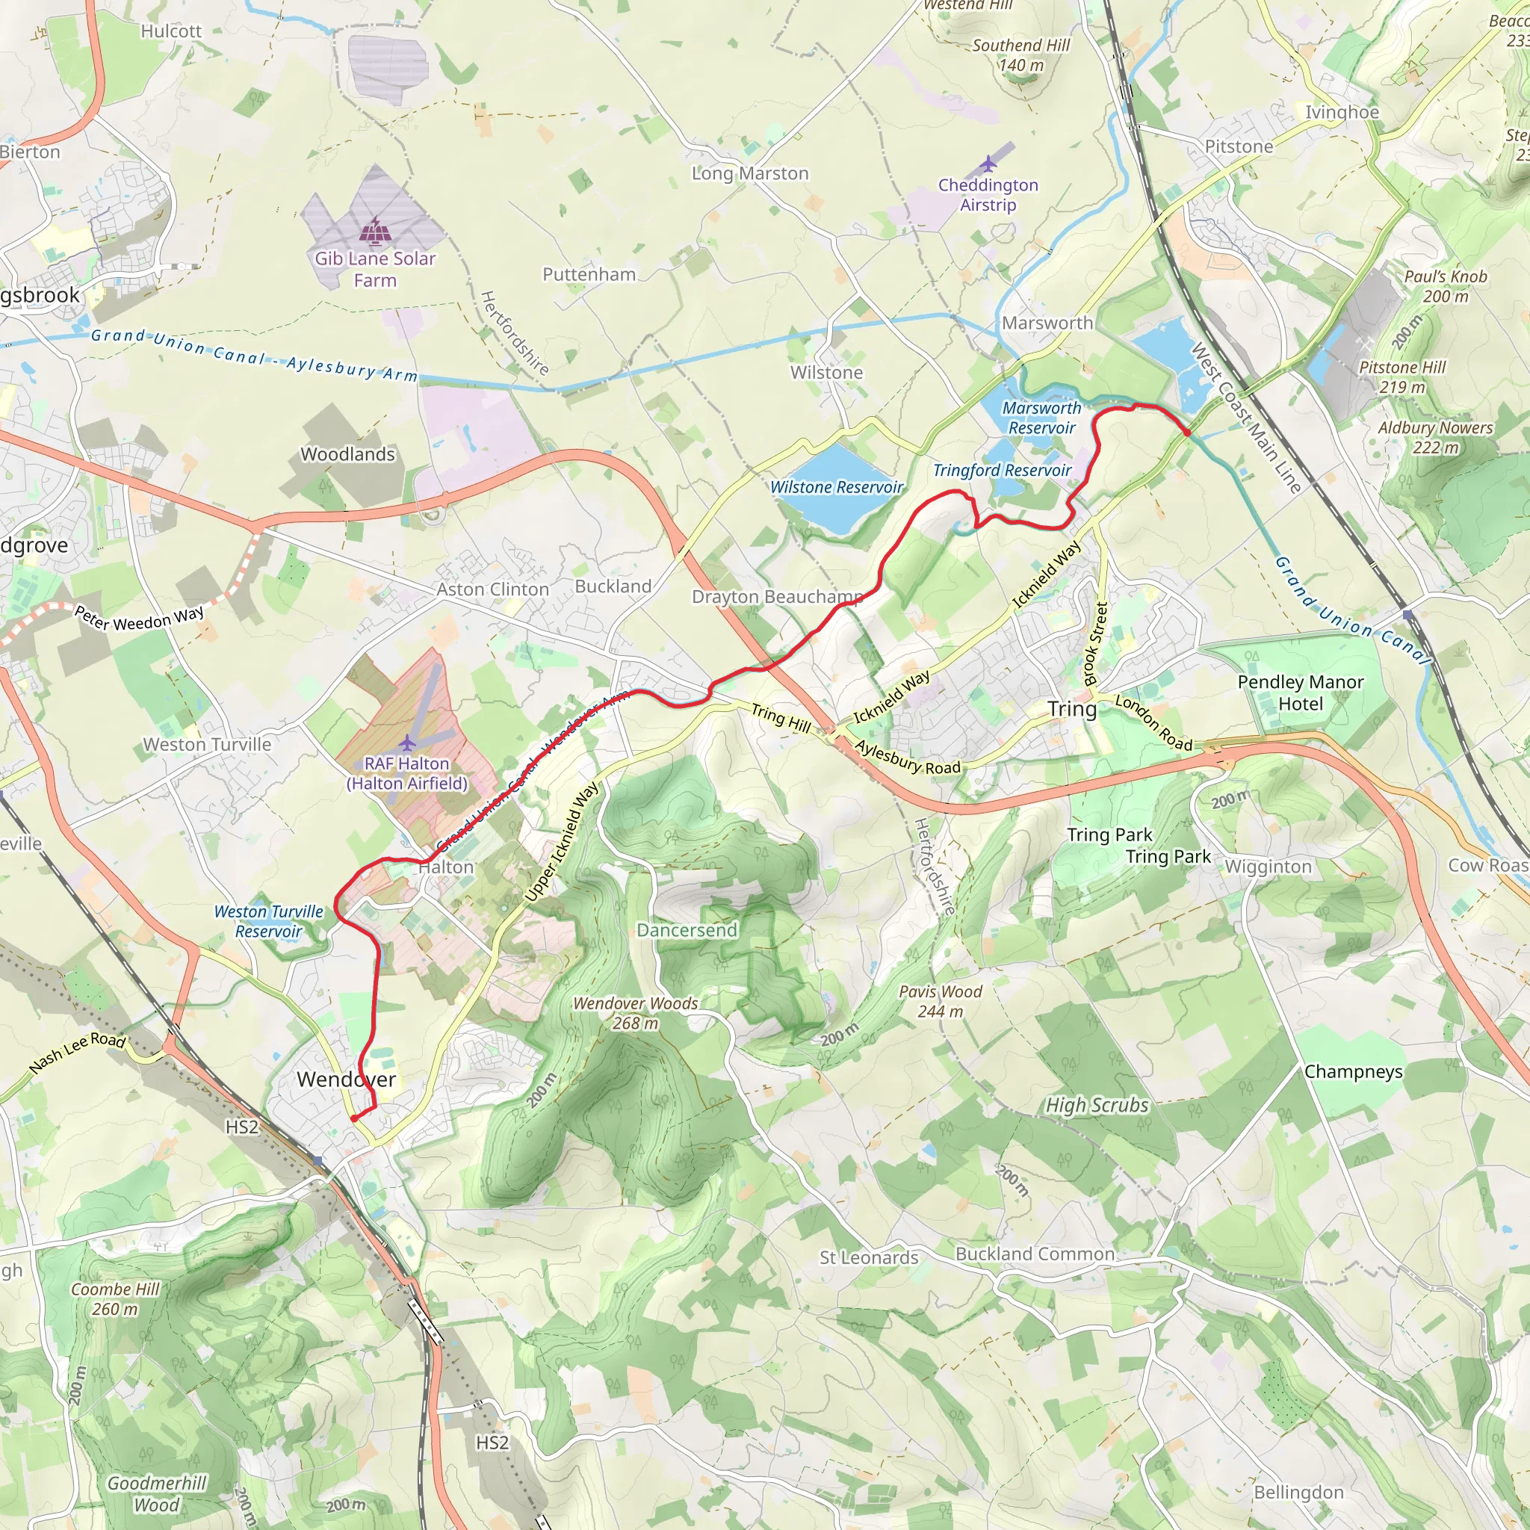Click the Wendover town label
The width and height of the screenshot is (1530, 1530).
pyautogui.click(x=346, y=1080)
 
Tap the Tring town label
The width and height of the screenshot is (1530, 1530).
pyautogui.click(x=1072, y=709)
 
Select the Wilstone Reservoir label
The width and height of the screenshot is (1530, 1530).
pyautogui.click(x=836, y=487)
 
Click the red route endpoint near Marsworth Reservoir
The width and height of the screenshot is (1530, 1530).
pyautogui.click(x=1186, y=432)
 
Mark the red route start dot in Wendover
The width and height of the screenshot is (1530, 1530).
pyautogui.click(x=353, y=1118)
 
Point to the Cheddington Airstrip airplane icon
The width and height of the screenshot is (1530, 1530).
pyautogui.click(x=988, y=164)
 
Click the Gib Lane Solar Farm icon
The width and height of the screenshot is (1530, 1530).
pyautogui.click(x=374, y=232)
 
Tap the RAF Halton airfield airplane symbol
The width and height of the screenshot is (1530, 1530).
pyautogui.click(x=406, y=743)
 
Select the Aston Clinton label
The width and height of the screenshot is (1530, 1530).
pyautogui.click(x=492, y=589)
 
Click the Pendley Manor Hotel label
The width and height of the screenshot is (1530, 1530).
pyautogui.click(x=1301, y=693)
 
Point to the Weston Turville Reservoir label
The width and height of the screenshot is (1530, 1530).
pyautogui.click(x=268, y=921)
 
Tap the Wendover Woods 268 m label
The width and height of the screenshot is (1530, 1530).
pyautogui.click(x=635, y=1013)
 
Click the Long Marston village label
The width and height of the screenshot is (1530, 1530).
pyautogui.click(x=750, y=173)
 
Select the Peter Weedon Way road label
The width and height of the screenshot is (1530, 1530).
pyautogui.click(x=140, y=617)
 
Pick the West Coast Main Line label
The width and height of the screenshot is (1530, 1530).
pyautogui.click(x=1245, y=418)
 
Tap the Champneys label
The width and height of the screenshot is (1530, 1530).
pyautogui.click(x=1353, y=1071)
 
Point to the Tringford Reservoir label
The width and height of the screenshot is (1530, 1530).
pyautogui.click(x=1001, y=471)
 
